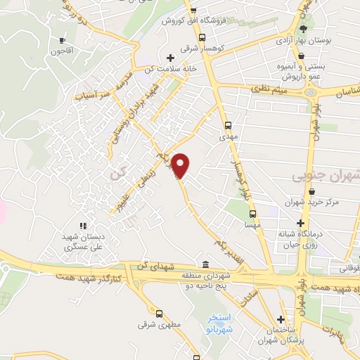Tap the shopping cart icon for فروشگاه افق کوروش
[193, 10]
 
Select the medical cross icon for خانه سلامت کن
[169, 58]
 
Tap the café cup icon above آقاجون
[63, 40]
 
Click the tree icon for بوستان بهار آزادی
[303, 29]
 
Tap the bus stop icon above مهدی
[227, 125]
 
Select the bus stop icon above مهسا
[252, 215]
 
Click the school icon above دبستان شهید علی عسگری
[83, 226]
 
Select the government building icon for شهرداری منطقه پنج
[205, 264]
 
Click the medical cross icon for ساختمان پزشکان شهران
[281, 319]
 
